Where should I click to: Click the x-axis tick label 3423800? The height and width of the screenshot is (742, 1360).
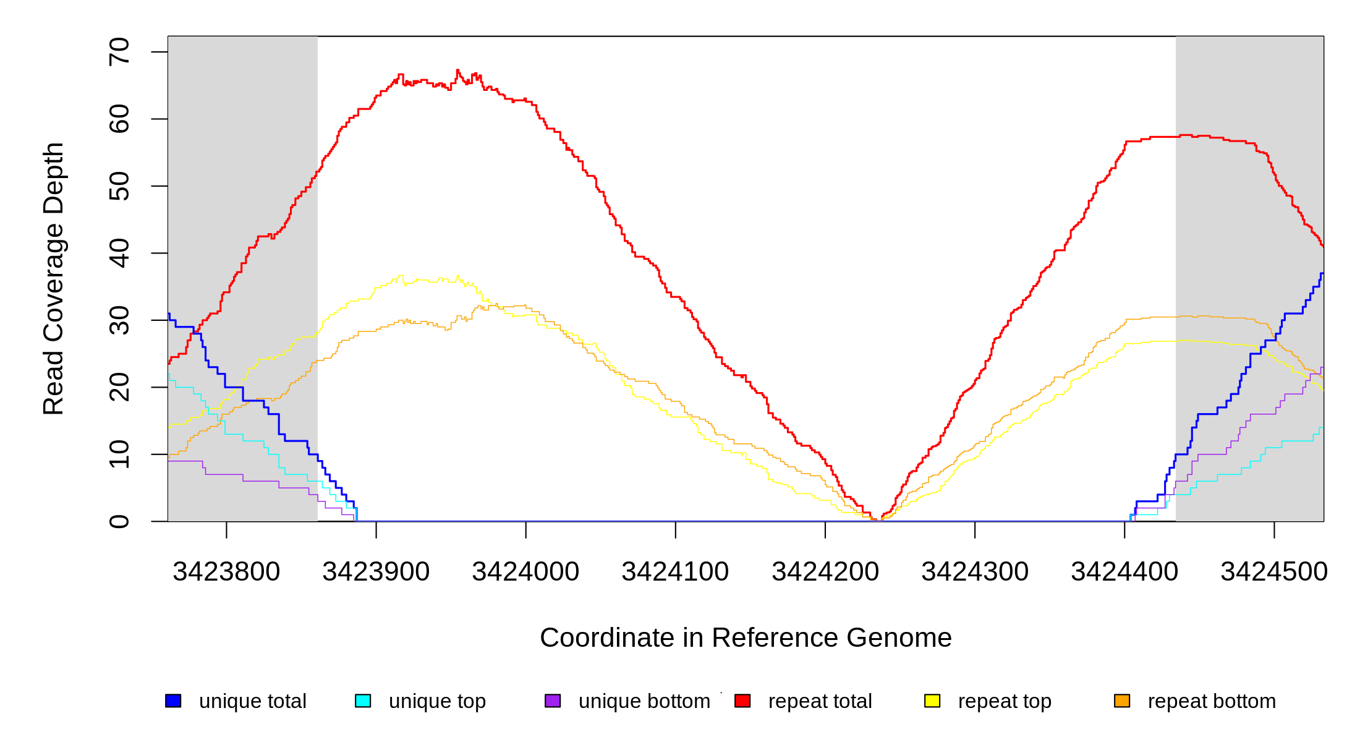click(x=226, y=571)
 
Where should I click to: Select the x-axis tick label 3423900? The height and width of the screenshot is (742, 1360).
click(x=376, y=571)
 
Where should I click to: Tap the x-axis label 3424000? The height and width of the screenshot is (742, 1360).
click(x=525, y=571)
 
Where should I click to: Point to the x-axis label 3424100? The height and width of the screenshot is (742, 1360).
click(x=675, y=571)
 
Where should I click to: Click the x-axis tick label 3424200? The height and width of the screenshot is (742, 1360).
click(x=825, y=571)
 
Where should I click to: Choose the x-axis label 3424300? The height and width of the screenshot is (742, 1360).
click(x=975, y=571)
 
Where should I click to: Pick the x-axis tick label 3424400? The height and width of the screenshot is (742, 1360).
click(x=1124, y=571)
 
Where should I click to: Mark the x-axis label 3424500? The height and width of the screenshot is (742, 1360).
click(x=1274, y=571)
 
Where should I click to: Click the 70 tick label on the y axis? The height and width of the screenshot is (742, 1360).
click(x=119, y=52)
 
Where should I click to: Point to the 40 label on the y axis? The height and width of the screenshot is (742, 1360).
click(x=119, y=253)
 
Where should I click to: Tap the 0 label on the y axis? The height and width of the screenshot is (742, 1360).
click(x=119, y=521)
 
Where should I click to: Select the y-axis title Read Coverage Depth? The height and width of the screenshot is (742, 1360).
click(x=54, y=278)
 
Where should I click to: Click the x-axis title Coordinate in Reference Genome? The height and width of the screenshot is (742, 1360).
click(x=746, y=638)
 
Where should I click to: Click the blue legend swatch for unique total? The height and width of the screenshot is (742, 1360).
click(x=173, y=701)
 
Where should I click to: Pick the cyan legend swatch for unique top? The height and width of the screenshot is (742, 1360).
click(x=363, y=701)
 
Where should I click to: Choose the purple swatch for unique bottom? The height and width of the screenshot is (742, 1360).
click(x=553, y=701)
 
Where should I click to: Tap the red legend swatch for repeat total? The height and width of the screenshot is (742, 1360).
click(x=742, y=701)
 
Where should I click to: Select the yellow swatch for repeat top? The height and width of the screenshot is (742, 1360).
click(x=932, y=701)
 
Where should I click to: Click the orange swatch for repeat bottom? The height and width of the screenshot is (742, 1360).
click(x=1122, y=701)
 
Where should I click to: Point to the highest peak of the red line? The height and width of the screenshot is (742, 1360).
click(x=457, y=70)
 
